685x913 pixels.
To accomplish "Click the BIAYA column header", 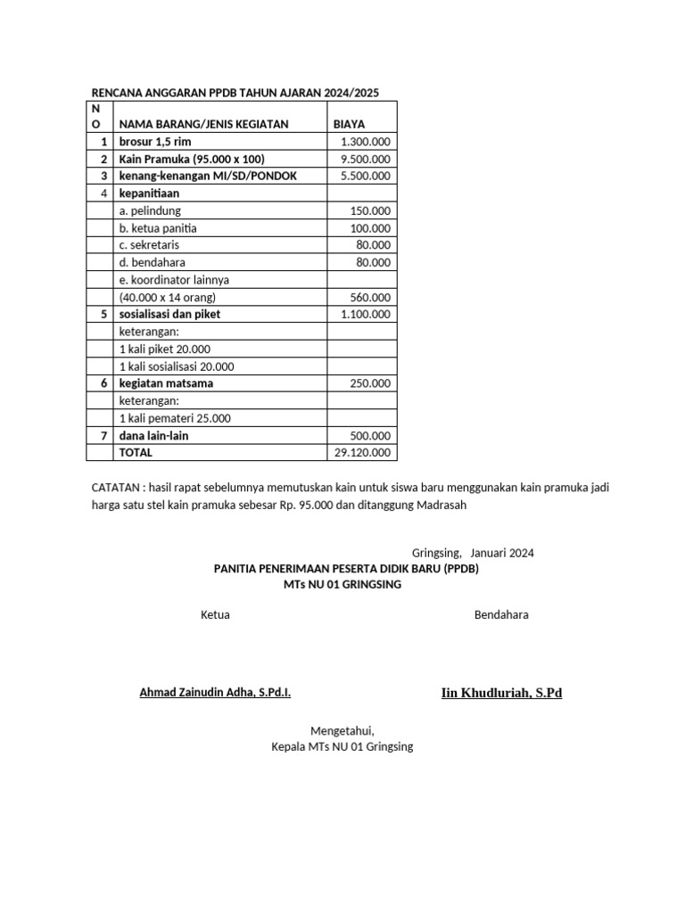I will pos(349,124).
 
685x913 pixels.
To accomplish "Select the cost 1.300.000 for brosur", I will pos(366,142).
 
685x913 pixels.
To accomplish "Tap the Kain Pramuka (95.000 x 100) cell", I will pos(192,159).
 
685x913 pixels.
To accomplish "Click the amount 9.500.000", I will pos(366,159).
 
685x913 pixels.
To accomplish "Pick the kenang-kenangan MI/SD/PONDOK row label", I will pos(208,176).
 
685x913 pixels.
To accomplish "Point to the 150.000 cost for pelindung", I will pos(370,210).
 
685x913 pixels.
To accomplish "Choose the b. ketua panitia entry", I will pos(158,228).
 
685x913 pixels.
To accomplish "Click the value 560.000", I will pos(370,297).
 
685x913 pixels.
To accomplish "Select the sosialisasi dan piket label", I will pos(169,314).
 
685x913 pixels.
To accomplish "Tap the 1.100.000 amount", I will pos(366,314).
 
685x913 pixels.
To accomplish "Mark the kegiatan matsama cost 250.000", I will pos(370,383).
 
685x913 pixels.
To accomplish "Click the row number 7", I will pos(103,435).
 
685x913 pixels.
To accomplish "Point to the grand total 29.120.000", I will pos(363,452).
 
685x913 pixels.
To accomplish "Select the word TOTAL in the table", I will pos(136,452).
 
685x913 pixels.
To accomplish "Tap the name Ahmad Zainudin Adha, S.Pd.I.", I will pos(215,693).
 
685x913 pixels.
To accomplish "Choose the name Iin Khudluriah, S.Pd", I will pos(501,693).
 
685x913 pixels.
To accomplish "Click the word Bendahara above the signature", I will pos(501,615).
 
